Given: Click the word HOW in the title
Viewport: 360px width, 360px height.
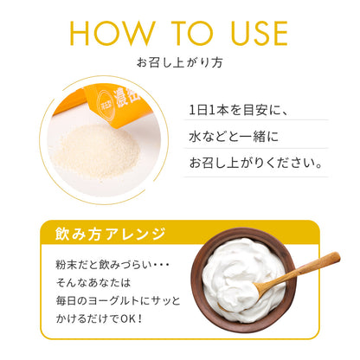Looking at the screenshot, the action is click(x=112, y=33).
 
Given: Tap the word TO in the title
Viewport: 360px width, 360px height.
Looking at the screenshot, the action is click(x=193, y=33).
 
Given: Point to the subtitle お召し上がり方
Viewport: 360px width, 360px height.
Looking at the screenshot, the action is click(x=180, y=62).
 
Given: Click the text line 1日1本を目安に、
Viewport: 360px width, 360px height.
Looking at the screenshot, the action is click(x=238, y=111).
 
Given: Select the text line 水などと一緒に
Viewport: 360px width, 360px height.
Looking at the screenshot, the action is click(x=234, y=137).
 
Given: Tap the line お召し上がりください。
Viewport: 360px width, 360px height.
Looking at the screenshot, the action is click(x=255, y=163).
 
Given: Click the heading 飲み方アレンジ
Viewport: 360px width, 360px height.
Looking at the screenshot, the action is click(x=111, y=234).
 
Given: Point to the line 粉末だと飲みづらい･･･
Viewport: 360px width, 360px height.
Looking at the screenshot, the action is click(x=112, y=265).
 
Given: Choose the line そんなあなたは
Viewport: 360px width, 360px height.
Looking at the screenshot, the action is click(x=93, y=283).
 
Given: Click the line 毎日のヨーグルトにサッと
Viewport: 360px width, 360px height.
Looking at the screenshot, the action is click(x=118, y=301).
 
